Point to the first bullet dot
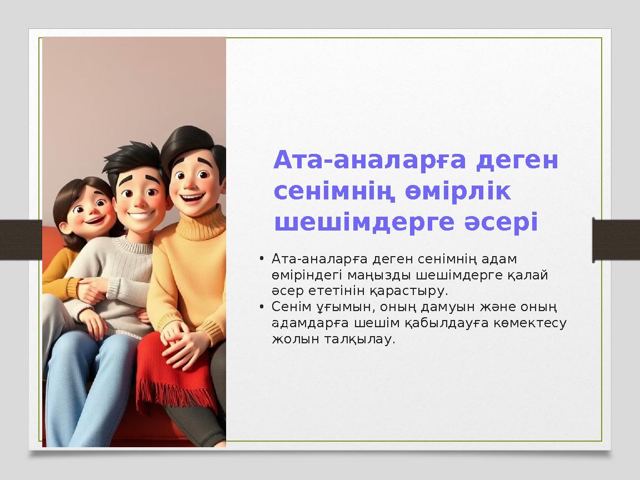[x=262, y=259]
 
